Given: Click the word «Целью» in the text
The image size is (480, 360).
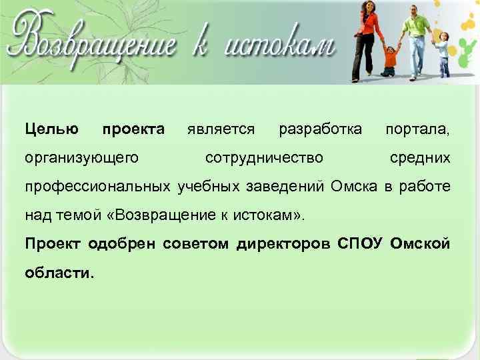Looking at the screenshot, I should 51,128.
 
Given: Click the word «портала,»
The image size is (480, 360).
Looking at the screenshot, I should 417,128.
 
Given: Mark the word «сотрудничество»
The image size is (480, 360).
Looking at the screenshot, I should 264,158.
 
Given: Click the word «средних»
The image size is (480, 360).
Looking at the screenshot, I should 420,158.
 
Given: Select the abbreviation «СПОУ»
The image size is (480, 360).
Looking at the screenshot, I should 361,244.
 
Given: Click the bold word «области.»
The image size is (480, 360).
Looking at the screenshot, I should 60,273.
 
